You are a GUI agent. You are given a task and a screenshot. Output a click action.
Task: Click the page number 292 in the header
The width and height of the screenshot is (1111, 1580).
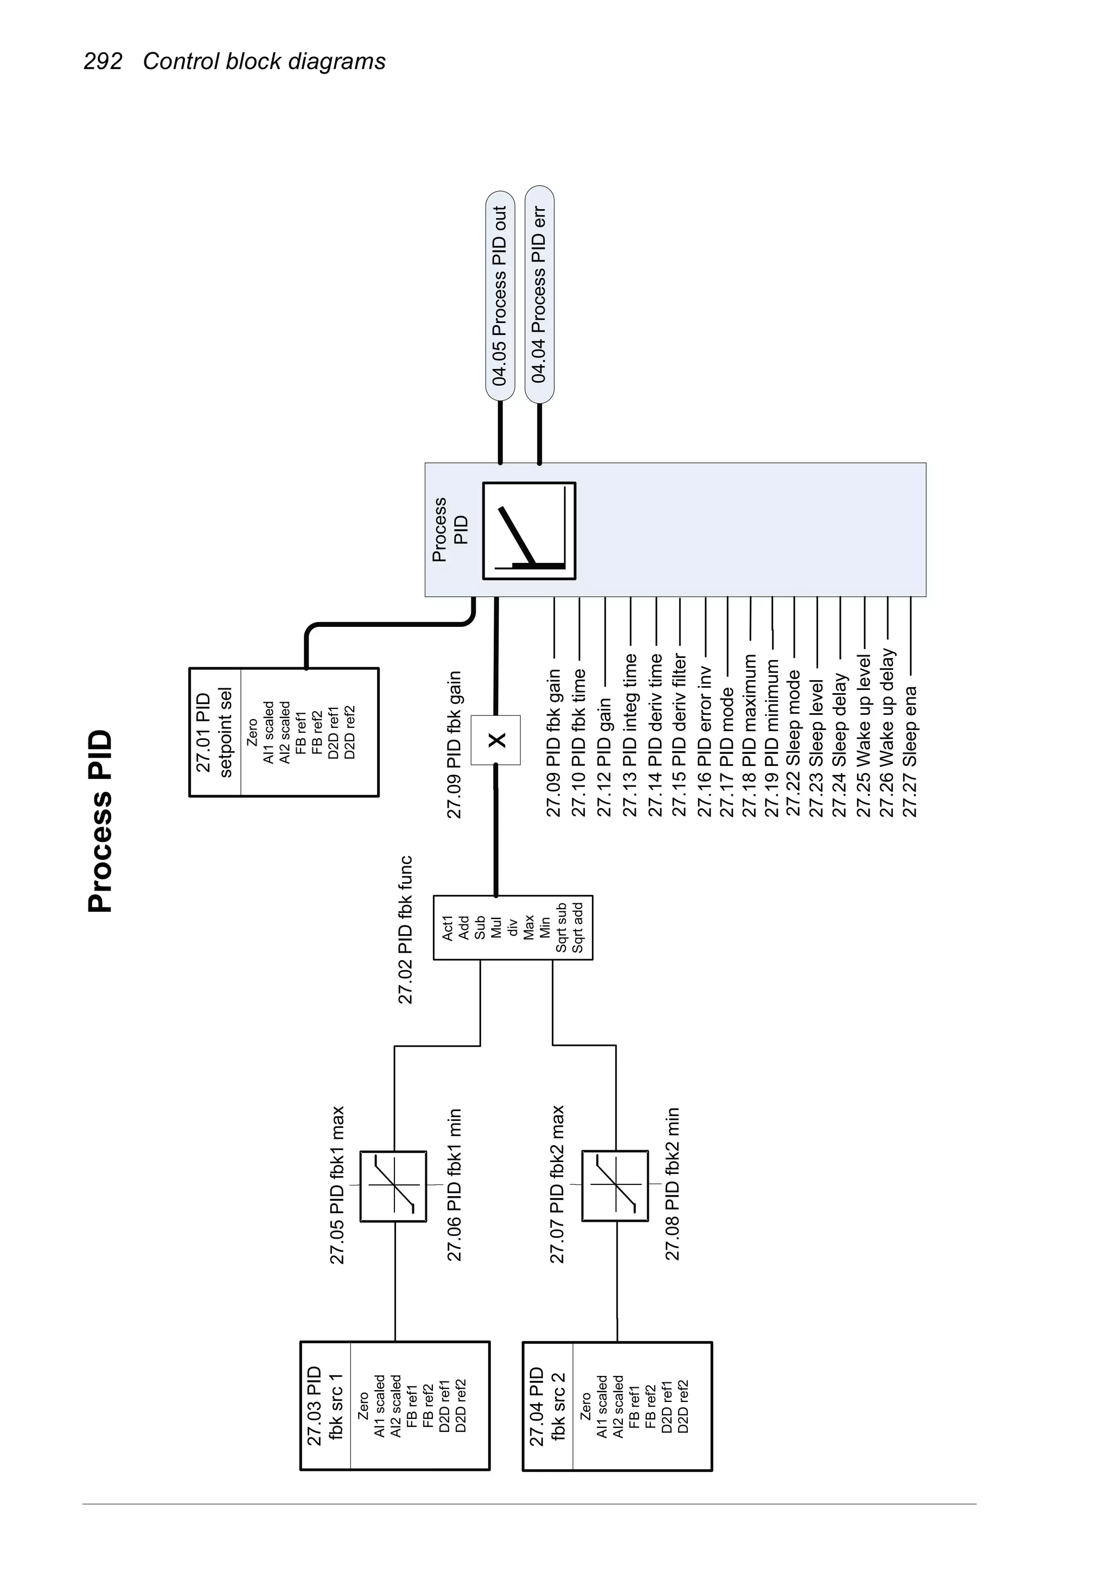103,61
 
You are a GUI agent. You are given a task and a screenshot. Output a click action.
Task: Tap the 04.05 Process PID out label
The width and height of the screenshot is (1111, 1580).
500,295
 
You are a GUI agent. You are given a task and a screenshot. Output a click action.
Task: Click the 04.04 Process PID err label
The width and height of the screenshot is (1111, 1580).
539,295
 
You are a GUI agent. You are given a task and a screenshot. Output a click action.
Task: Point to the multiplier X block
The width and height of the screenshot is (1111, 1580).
496,740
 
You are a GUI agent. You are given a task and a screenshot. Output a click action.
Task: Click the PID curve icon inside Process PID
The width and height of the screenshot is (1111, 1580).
529,531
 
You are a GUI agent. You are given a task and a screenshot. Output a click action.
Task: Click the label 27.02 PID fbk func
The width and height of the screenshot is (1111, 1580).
406,930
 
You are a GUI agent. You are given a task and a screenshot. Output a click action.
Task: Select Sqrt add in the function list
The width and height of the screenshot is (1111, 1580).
578,928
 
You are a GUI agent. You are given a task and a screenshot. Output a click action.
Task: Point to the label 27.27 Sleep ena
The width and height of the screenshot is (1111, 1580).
910,751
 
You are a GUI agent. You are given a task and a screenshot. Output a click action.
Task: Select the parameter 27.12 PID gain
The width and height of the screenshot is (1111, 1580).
604,758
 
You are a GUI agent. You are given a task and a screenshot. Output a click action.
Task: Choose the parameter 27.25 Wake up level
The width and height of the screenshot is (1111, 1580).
864,737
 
